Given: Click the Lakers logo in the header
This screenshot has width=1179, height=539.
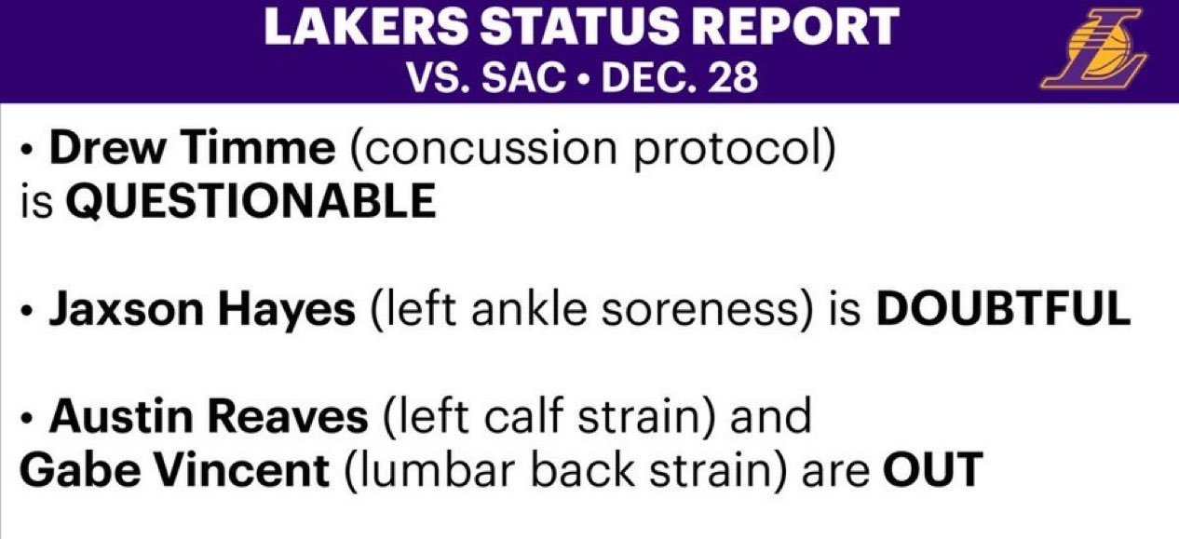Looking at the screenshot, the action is click(x=1093, y=48).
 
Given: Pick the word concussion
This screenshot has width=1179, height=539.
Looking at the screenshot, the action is click(x=483, y=150).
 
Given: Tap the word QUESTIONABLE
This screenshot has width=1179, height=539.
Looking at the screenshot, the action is click(x=251, y=201).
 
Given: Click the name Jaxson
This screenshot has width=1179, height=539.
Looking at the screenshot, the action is click(x=127, y=309).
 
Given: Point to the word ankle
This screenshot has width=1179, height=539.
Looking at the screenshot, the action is click(x=528, y=309).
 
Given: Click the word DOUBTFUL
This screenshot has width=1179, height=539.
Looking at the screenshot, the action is click(x=1003, y=309).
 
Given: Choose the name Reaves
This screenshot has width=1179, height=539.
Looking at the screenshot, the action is click(x=288, y=416).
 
